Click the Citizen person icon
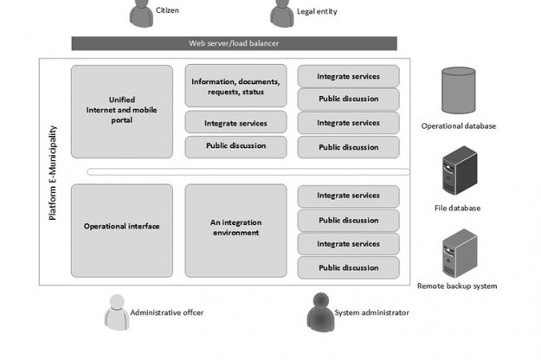(140, 12)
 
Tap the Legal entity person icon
(280, 13)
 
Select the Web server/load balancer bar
(234, 43)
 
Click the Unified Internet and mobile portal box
(122, 112)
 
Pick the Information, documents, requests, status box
(235, 87)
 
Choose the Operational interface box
(122, 227)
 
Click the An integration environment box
(235, 228)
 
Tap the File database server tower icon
(459, 170)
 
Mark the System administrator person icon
(319, 312)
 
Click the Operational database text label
(459, 126)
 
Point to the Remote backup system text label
(457, 286)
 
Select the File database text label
(457, 208)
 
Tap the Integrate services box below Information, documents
(235, 124)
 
